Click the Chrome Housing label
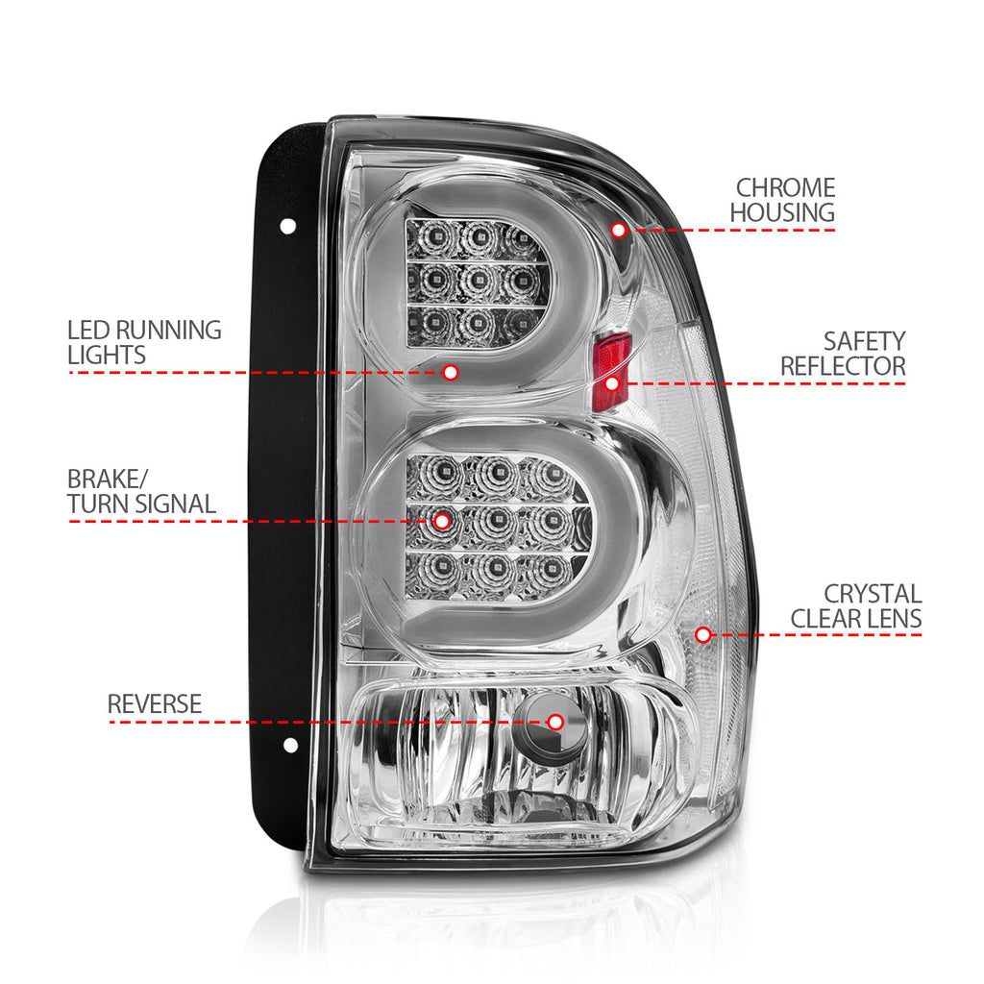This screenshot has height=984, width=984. [x=782, y=200]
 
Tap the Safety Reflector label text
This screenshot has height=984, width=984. [x=843, y=354]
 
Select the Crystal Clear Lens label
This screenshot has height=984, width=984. [x=856, y=606]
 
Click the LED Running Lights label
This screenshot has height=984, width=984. [x=144, y=343]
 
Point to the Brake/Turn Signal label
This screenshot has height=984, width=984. [x=141, y=491]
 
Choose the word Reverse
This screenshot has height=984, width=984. [x=155, y=704]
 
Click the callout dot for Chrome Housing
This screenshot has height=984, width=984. [x=619, y=231]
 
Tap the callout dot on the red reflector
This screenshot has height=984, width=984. [x=612, y=383]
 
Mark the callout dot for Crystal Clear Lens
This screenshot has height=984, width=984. [x=702, y=635]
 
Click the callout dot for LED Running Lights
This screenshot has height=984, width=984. [x=450, y=373]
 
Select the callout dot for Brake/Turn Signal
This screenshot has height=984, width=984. [x=442, y=522]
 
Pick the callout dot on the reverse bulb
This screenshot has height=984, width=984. [x=554, y=723]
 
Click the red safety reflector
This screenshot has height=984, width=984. [x=611, y=372]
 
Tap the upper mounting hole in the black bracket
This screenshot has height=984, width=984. [x=288, y=227]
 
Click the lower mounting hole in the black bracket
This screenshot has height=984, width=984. [x=290, y=746]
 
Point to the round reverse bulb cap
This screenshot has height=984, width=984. [x=551, y=724]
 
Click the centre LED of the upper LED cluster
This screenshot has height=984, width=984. [x=478, y=280]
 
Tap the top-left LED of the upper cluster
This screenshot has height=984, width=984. [x=435, y=237]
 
